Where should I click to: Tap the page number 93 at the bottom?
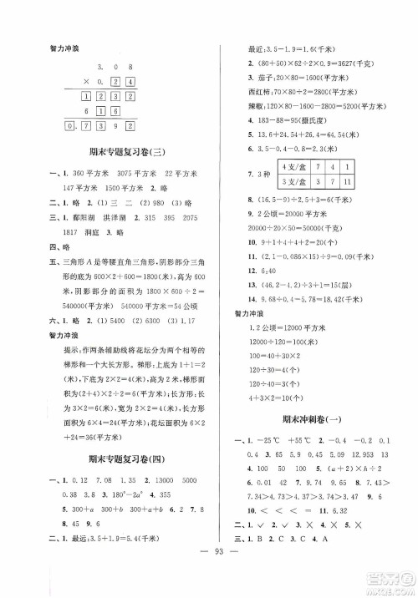pyautogui.click(x=209, y=581)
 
